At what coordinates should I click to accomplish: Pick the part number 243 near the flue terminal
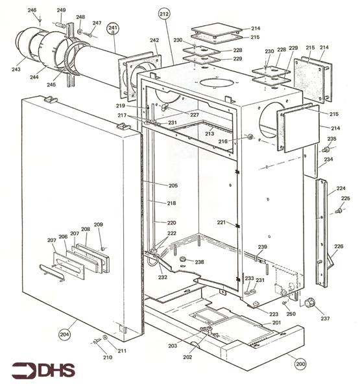pos(16,69)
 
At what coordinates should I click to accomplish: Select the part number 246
pos(32,10)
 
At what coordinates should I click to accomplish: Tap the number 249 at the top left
pos(61,10)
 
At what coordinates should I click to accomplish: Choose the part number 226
pos(339,246)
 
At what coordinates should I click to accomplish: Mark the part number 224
pos(341,189)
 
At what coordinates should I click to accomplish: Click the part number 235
pos(331,139)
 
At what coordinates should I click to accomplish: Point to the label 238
pos(199,262)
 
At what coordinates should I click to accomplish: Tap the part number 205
pos(173,186)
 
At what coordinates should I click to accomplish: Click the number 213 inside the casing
pos(209,134)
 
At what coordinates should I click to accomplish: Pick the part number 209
pos(99,224)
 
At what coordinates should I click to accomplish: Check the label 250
pos(291,314)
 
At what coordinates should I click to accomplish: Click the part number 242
pos(154,40)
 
